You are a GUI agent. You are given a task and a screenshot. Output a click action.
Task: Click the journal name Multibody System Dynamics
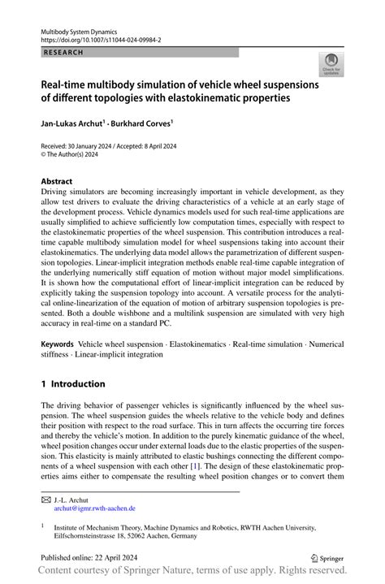point(80,29)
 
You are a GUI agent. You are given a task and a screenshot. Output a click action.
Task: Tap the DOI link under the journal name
point(102,38)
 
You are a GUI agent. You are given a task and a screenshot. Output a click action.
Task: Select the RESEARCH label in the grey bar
point(63,51)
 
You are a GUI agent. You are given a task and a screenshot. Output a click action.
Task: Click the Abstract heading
point(57,180)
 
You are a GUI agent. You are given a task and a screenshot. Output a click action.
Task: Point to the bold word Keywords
point(59,344)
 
